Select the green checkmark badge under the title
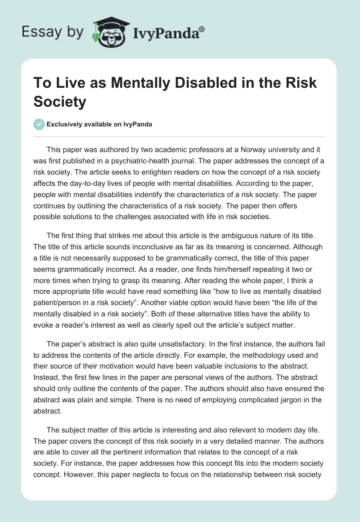tap(40, 124)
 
